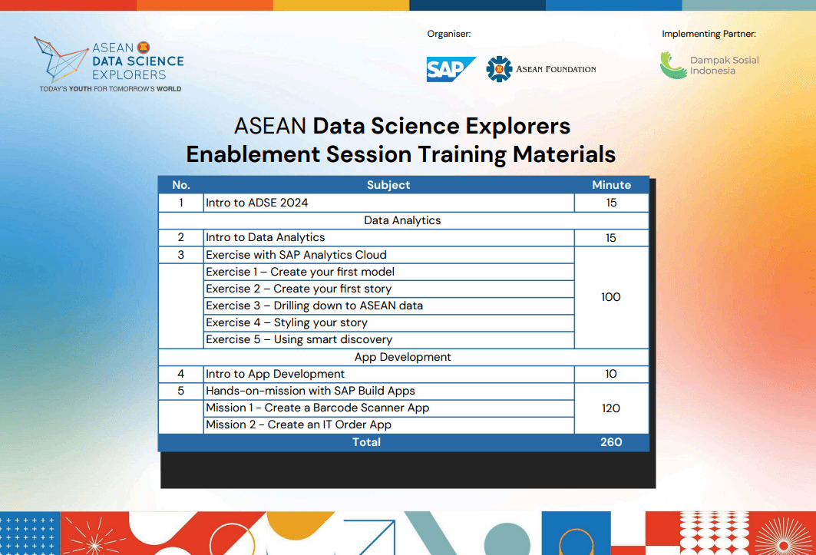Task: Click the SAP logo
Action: pos(451,69)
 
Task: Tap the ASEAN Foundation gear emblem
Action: pos(499,69)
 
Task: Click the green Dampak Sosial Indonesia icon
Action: pos(673,65)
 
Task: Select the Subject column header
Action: pos(388,185)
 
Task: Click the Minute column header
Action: pos(612,185)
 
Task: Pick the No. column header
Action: pos(181,185)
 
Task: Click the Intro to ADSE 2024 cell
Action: pos(257,203)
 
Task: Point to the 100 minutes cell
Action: pos(611,297)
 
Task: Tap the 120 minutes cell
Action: pos(611,408)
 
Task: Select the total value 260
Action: pos(611,442)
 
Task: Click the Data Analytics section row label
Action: pos(402,220)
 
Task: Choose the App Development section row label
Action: pos(403,357)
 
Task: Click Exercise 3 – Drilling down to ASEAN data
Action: pos(314,306)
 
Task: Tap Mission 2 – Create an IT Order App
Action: pos(299,425)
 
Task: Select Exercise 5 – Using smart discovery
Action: pos(299,339)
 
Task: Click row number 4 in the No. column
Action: pos(180,374)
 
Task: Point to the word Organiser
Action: pos(448,34)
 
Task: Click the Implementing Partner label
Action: pos(709,34)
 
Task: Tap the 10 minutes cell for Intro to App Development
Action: pos(611,374)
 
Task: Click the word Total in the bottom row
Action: pos(366,442)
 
